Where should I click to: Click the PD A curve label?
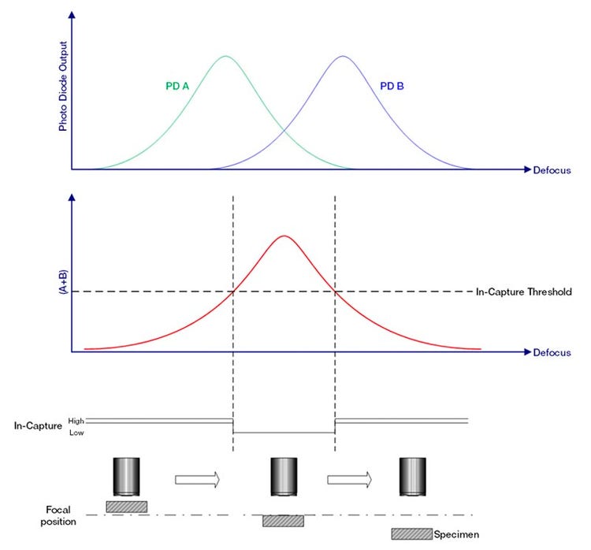177,87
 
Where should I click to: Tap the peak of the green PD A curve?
226,56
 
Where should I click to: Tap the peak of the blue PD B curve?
342,56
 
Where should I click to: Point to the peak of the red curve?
284,236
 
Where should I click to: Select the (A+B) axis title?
61,279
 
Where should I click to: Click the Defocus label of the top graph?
552,169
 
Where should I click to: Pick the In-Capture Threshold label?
524,292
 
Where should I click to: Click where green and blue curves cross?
284,131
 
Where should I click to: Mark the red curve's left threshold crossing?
233,292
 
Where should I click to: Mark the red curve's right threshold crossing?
336,292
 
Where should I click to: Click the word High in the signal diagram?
76,420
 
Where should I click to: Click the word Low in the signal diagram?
76,433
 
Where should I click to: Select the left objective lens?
126,476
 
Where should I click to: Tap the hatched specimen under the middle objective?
283,521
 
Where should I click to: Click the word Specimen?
456,535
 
